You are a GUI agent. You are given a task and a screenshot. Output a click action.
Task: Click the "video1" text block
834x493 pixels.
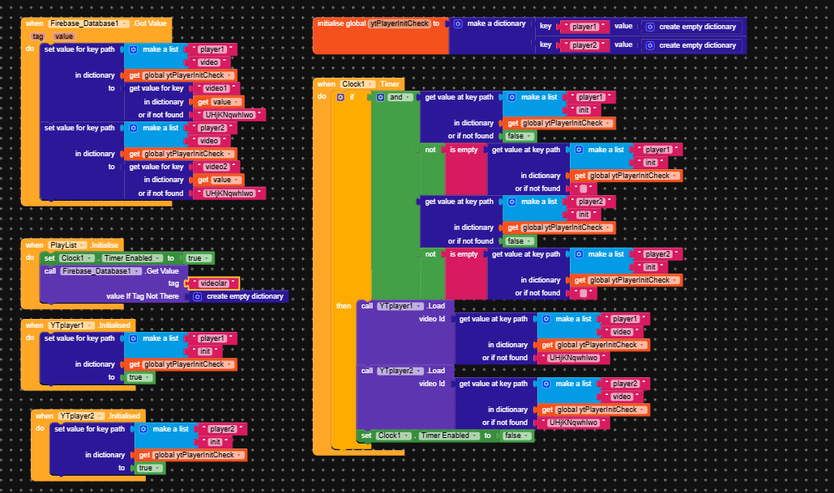tap(216, 88)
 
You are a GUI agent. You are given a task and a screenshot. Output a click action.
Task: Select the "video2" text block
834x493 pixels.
tap(216, 167)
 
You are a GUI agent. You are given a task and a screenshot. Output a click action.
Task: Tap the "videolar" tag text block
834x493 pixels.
tap(212, 283)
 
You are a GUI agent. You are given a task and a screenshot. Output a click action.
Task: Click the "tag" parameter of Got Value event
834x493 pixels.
tap(38, 36)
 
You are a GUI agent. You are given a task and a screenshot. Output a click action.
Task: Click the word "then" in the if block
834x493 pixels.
tap(344, 306)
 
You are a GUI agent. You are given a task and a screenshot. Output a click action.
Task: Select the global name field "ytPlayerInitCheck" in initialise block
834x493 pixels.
tap(399, 23)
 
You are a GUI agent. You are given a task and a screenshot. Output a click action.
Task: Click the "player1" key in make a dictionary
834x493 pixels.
tap(583, 27)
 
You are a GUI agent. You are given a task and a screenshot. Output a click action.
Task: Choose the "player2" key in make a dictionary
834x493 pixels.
tap(583, 45)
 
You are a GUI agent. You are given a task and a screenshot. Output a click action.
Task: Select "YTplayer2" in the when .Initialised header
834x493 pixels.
tap(79, 415)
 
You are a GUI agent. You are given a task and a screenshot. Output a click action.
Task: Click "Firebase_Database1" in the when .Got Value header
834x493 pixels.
tap(84, 23)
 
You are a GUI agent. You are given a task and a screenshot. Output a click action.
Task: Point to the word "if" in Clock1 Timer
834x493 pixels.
tap(352, 97)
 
